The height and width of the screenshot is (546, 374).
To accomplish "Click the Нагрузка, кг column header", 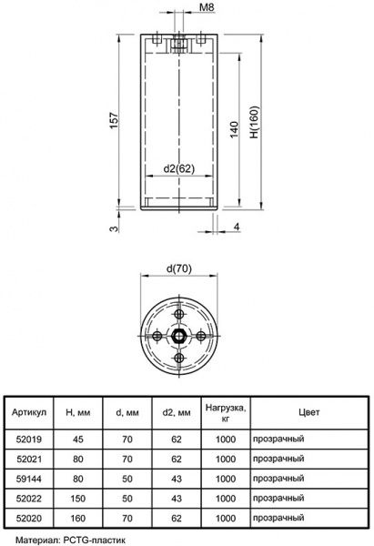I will point(224,411).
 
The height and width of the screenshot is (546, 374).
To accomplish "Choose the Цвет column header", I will point(309,411).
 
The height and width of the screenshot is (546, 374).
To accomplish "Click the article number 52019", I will point(29,438).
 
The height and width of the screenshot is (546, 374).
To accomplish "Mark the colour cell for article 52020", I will point(279,518).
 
